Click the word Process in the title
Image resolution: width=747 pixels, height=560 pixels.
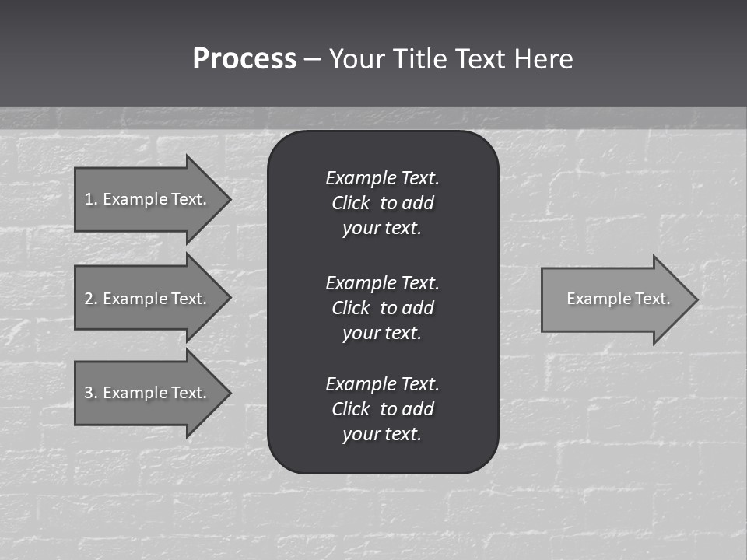[x=244, y=59]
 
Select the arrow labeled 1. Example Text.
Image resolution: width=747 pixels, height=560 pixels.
[x=148, y=199]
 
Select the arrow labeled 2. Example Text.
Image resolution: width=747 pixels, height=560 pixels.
[x=148, y=299]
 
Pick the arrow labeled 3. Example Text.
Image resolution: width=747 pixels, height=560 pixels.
[x=148, y=393]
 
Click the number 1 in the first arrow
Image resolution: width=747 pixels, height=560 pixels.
[x=89, y=199]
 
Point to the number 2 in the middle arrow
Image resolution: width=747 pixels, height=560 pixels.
[x=89, y=299]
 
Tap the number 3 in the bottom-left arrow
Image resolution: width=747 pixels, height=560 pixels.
[x=89, y=393]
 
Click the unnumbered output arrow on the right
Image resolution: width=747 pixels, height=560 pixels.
[x=615, y=299]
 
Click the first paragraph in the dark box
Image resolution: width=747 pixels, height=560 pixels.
[x=382, y=203]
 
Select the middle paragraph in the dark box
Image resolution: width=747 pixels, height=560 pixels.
[x=382, y=308]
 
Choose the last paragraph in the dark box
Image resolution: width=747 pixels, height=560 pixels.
[x=382, y=409]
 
